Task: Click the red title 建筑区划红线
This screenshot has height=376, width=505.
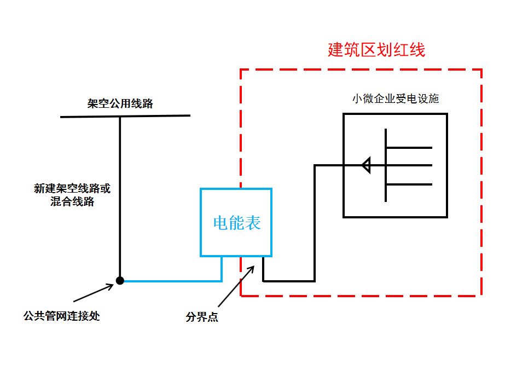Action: tap(376, 50)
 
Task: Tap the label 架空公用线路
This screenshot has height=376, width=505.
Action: tap(120, 103)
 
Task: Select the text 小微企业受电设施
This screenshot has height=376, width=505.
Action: tap(396, 99)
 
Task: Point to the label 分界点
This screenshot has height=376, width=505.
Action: tap(202, 317)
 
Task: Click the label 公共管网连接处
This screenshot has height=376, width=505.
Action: tap(61, 316)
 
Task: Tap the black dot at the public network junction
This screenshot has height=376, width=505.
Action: tap(120, 281)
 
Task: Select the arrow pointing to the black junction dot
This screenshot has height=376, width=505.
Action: tap(93, 292)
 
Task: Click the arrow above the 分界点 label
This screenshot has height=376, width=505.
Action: tap(235, 286)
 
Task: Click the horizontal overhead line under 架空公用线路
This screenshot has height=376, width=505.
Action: tap(125, 116)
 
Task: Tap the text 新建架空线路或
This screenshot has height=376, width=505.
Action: tap(72, 189)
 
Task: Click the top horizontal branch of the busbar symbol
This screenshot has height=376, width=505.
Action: tap(409, 147)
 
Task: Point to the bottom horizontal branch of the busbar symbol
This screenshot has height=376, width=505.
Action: tap(409, 184)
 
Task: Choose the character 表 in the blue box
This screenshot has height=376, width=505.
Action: tap(253, 223)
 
